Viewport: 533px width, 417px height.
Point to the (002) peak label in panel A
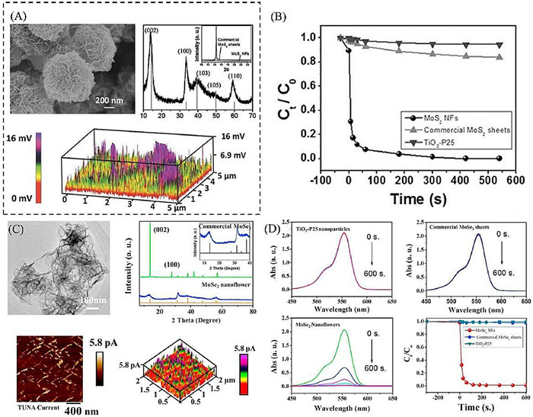click(152, 30)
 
